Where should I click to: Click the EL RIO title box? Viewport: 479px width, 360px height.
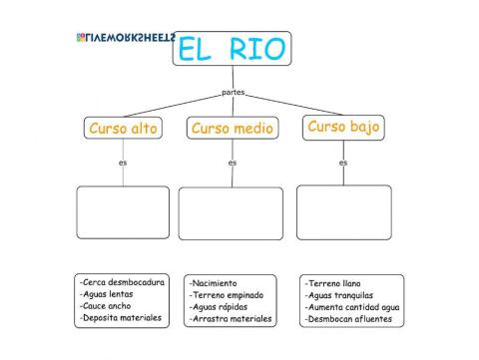pyautogui.click(x=232, y=48)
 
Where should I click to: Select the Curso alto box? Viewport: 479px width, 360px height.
pyautogui.click(x=123, y=129)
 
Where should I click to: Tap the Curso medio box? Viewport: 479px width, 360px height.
pyautogui.click(x=232, y=129)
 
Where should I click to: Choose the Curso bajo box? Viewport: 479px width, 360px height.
pyautogui.click(x=343, y=128)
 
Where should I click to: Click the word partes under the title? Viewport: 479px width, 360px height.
pyautogui.click(x=233, y=93)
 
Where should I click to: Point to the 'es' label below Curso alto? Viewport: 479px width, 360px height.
pyautogui.click(x=123, y=162)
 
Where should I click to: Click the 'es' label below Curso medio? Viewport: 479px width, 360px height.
pyautogui.click(x=233, y=162)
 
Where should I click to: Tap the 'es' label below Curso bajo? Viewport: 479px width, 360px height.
pyautogui.click(x=343, y=162)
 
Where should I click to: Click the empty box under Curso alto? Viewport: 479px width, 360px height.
pyautogui.click(x=123, y=212)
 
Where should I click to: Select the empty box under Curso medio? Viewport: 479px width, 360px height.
pyautogui.click(x=231, y=213)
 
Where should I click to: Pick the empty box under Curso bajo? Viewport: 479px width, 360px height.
pyautogui.click(x=343, y=212)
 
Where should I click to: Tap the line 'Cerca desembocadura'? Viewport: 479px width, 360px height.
pyautogui.click(x=123, y=282)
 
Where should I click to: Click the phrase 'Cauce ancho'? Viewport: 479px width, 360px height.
pyautogui.click(x=107, y=306)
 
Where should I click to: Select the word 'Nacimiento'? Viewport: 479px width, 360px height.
pyautogui.click(x=214, y=283)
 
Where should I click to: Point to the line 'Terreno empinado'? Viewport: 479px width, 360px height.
pyautogui.click(x=225, y=295)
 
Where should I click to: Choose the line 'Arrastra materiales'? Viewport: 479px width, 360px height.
pyautogui.click(x=231, y=319)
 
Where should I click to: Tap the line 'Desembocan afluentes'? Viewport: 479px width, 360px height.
pyautogui.click(x=348, y=320)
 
